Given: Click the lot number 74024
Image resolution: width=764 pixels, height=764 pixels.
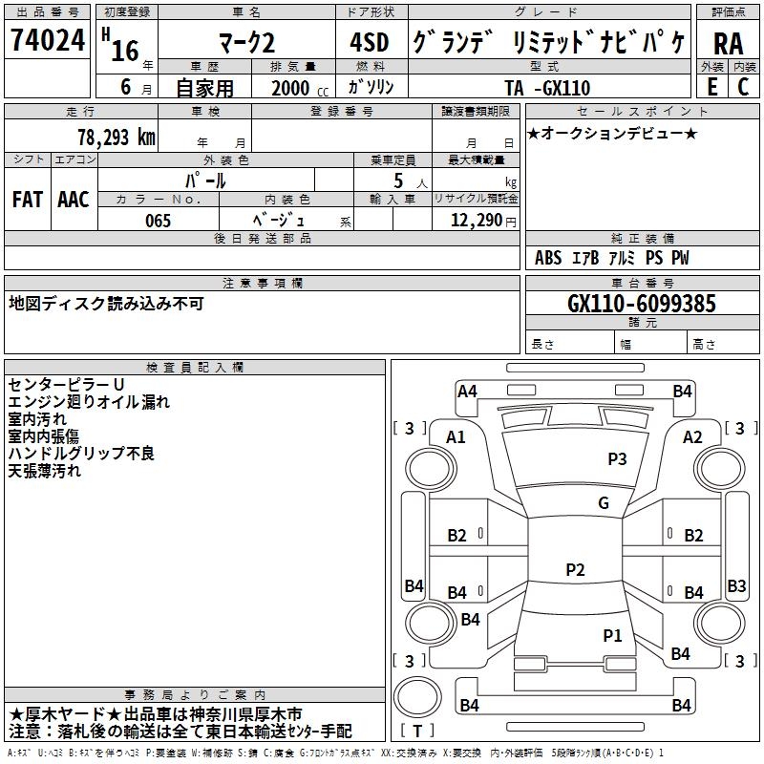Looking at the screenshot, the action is coord(48,40).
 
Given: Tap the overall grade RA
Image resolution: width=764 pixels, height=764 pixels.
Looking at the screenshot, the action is coord(728,44).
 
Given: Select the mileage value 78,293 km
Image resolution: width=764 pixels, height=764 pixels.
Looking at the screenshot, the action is coord(117,138).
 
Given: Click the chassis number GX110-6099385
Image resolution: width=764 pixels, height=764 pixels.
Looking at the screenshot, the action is coord(642,304).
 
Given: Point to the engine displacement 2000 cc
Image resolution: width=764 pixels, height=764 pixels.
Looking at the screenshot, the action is coord(300,88).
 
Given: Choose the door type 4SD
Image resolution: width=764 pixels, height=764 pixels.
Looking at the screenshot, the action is coord(370,42).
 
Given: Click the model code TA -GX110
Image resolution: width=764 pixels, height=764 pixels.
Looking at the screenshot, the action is coord(547,88).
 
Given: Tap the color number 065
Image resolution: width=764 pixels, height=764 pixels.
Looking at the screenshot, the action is coord(158,221).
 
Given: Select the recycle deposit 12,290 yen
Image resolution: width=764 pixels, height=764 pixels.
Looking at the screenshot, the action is coord(483,221).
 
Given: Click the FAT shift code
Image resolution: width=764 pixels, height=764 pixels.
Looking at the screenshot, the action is coord(28,200).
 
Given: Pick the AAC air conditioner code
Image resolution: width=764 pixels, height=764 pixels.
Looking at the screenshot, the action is coord(74,200).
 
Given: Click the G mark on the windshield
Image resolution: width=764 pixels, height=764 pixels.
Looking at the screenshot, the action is coord(604,502).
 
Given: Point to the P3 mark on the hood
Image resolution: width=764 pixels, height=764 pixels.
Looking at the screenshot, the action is coord(617,458).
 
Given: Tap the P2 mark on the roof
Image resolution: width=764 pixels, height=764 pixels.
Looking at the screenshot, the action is coord(575,569).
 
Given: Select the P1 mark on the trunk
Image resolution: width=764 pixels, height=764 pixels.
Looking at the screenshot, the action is coord(612,635).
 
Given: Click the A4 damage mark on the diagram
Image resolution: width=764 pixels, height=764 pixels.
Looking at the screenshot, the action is coord(467,392).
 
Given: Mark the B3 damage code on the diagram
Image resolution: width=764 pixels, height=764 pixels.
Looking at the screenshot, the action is coord(736,585).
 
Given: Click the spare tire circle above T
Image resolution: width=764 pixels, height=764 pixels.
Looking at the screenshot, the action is coord(417,697).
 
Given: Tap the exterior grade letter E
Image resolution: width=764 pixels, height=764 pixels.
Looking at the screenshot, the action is coord(711,87).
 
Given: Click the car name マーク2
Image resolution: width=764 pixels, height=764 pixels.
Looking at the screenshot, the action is coord(247,43).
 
